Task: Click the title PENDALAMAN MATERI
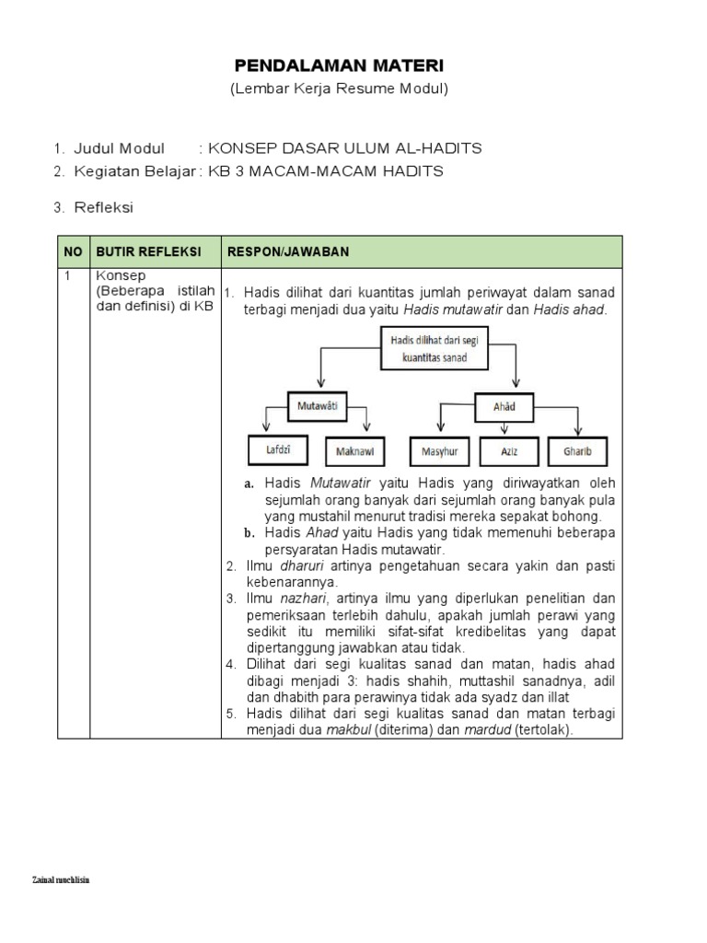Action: click(339, 65)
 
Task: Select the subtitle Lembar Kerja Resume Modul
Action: click(339, 88)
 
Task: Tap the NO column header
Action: click(73, 251)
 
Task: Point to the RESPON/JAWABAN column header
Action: click(288, 251)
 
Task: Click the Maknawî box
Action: click(354, 451)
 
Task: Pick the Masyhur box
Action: click(440, 451)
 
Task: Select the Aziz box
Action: click(509, 451)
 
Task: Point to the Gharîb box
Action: click(577, 451)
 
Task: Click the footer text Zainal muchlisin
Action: click(61, 880)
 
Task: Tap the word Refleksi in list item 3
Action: click(104, 207)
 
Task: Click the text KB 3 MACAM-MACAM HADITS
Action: click(326, 171)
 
